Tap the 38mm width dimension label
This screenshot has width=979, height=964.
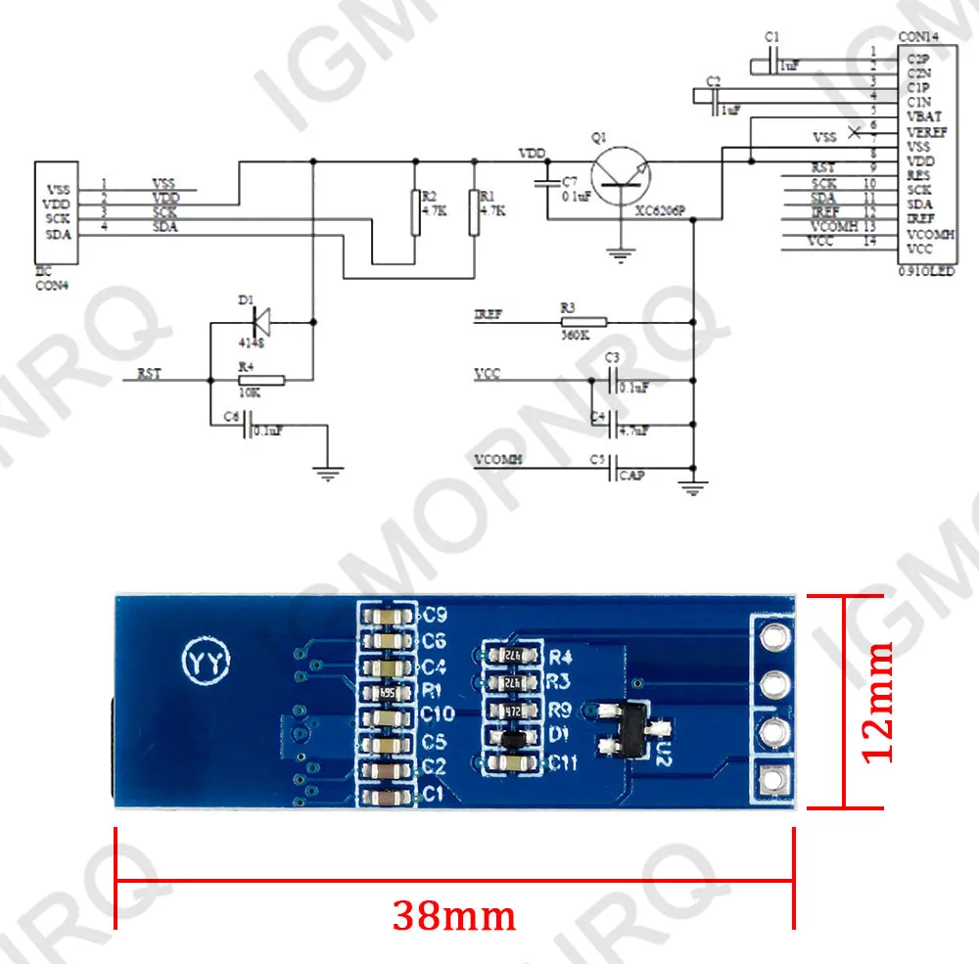coord(453,915)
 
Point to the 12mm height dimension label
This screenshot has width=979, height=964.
coord(876,700)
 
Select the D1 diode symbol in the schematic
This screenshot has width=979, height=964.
coord(260,318)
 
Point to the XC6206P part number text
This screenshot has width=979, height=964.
coord(661,210)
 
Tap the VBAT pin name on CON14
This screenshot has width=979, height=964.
coord(924,115)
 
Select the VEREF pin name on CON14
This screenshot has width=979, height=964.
coord(926,131)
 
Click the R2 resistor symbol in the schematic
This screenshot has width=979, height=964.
coord(414,212)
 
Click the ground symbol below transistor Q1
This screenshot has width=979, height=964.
coord(618,256)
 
